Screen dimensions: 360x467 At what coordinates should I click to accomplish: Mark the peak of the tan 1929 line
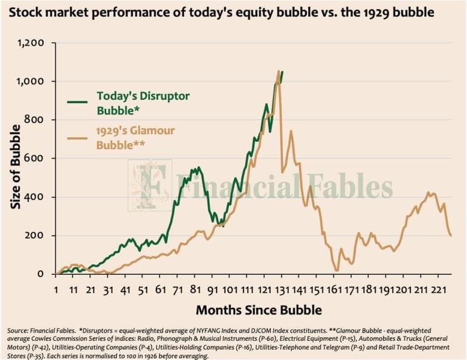click(278, 71)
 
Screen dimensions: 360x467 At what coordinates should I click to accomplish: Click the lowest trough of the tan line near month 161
click(337, 270)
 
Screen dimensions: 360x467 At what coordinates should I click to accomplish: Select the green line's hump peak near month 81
click(198, 168)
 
